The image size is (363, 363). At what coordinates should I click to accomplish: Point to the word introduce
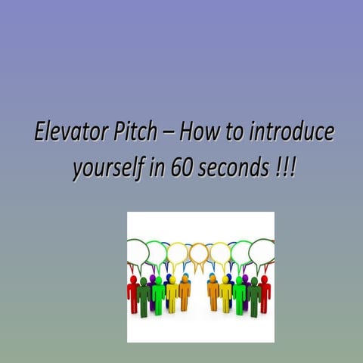(291, 133)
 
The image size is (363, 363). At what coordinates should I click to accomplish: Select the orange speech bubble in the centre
(199, 253)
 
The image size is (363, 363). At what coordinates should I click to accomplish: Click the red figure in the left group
(133, 294)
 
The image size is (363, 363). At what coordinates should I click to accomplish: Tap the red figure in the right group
(264, 294)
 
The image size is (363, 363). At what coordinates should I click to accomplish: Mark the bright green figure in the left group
(158, 296)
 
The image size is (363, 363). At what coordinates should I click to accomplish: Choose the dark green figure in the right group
(254, 297)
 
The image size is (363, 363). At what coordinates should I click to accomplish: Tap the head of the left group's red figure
(133, 279)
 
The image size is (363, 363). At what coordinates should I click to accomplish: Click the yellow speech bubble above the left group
(178, 251)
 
